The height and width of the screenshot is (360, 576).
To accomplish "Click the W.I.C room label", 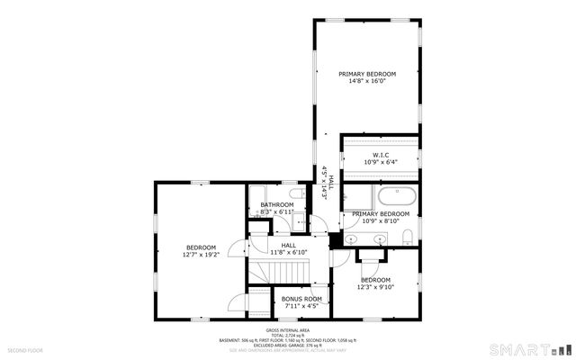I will point(380,155).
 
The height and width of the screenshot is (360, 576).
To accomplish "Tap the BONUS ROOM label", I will point(301,298).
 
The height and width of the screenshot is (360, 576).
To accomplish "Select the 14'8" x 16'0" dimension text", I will point(367,81).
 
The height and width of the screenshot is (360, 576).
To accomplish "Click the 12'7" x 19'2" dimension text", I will point(201,255).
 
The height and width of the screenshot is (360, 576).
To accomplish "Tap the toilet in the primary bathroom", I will point(408,237).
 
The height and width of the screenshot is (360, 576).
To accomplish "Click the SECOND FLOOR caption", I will point(25,349).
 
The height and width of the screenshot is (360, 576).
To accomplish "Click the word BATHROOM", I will point(277,204).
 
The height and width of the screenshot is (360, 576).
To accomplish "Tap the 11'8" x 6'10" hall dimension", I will point(289,252).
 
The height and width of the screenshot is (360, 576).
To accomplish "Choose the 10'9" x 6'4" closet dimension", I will point(380,163).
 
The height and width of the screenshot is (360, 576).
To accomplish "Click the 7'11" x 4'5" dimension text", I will point(301,306).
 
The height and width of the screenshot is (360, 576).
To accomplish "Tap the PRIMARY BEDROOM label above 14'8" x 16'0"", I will point(367,73).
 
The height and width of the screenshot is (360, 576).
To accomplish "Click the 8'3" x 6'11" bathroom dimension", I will point(277,212).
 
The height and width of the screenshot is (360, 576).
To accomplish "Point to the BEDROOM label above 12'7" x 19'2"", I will point(201,247).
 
